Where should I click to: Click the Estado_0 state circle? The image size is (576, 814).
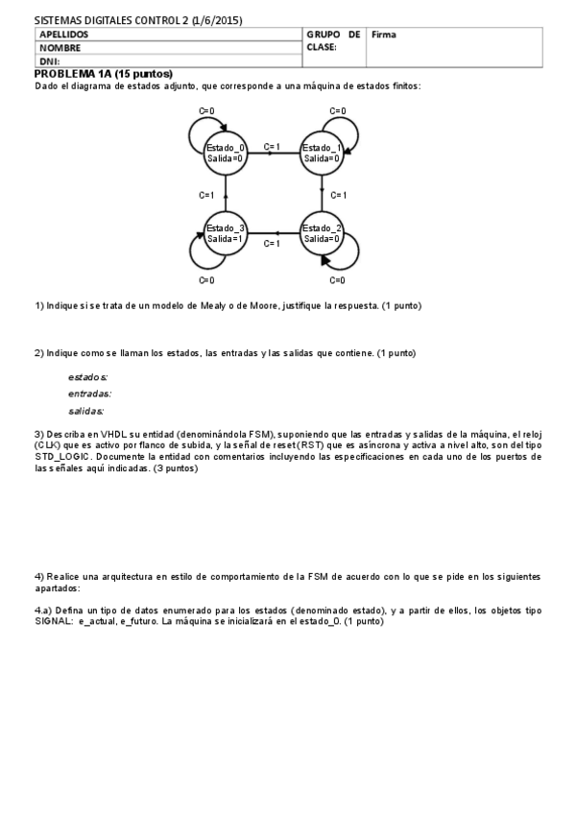pos(226,152)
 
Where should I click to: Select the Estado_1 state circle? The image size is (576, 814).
pos(322,152)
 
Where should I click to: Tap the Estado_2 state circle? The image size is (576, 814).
pos(322,232)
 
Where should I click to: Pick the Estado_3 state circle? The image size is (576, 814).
pos(226,232)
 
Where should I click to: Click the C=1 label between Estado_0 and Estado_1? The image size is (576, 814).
pos(272,147)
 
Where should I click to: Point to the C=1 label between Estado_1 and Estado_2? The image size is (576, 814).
pos(338,195)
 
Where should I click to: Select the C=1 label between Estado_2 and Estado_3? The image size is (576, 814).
pos(272,244)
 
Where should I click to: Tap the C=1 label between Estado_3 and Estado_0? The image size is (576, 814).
pos(206,195)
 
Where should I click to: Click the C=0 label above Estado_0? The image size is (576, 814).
pos(206,111)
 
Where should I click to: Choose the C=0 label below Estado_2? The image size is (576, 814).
pos(337,280)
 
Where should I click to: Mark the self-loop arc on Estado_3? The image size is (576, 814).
pos(201,255)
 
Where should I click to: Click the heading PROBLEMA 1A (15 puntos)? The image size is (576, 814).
pos(103,74)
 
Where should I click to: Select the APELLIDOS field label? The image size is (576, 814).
pos(65,35)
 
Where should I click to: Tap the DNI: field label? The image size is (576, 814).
pos(50,60)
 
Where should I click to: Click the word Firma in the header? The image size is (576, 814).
pos(384,35)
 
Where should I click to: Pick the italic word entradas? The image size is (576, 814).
pos(89,394)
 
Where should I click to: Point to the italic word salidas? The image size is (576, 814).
pos(85,411)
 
